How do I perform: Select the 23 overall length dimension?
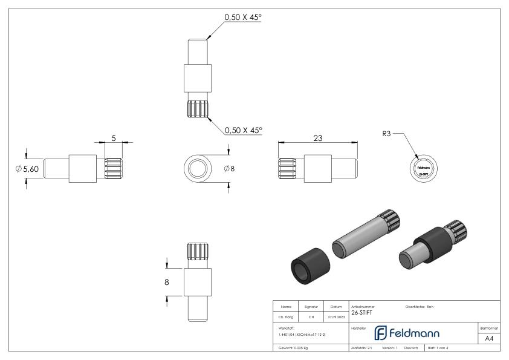point(317,138)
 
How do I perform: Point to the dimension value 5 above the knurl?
point(113,138)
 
